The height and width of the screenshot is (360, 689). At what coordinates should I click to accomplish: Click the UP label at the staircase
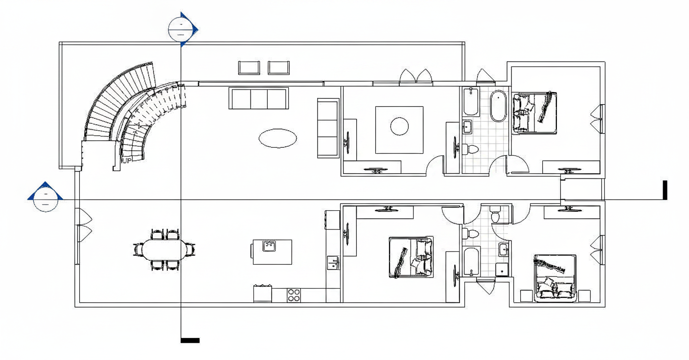[x=127, y=160]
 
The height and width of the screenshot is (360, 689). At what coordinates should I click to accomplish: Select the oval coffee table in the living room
[x=278, y=138]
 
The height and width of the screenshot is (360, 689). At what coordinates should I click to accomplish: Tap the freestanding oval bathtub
[x=498, y=106]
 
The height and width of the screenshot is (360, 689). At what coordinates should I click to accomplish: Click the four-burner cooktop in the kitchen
[x=294, y=295]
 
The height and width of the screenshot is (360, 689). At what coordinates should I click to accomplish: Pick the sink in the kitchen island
[x=270, y=246]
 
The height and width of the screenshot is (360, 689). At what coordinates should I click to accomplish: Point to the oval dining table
[x=164, y=249]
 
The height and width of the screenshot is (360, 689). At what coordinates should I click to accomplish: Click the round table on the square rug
[x=400, y=126]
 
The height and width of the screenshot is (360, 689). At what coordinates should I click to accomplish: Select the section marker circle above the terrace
[x=181, y=29]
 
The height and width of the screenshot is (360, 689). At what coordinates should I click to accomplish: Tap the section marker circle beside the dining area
[x=46, y=200]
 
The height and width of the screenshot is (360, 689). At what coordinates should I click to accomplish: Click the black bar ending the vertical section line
[x=190, y=340]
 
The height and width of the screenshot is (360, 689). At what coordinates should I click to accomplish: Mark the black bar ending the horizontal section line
[x=665, y=190]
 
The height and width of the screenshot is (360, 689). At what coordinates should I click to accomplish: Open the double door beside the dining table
[x=84, y=225]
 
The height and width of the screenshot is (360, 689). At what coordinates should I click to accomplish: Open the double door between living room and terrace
[x=416, y=76]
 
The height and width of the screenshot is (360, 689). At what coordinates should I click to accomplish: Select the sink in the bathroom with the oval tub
[x=467, y=126]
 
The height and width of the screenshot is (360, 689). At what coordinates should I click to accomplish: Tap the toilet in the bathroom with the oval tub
[x=470, y=149]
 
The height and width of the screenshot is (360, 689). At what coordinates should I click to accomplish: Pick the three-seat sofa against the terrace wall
[x=259, y=98]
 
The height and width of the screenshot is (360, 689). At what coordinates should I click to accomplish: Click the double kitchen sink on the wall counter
[x=333, y=263]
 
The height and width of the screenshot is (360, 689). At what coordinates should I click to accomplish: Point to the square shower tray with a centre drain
[x=502, y=270]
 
